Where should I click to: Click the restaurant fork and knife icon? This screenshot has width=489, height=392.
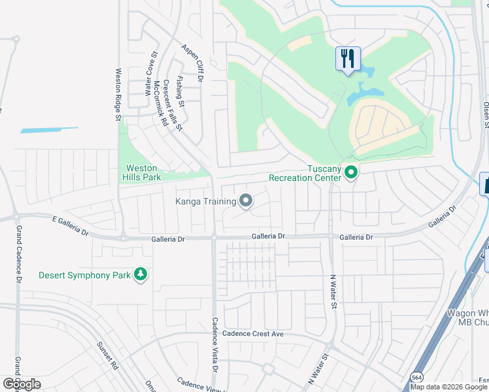pos(347,59)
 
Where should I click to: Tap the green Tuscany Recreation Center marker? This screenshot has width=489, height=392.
pos(351,173)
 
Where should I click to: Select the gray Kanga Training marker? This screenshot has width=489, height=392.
pos(246,201)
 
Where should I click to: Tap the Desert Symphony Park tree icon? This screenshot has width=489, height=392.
pos(139,275)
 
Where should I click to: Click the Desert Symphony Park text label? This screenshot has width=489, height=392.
pos(84,275)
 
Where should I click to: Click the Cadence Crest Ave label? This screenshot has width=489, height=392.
pos(252,334)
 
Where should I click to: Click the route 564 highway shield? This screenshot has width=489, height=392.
pos(416,377)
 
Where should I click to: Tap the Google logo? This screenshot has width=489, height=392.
pos(22,384)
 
